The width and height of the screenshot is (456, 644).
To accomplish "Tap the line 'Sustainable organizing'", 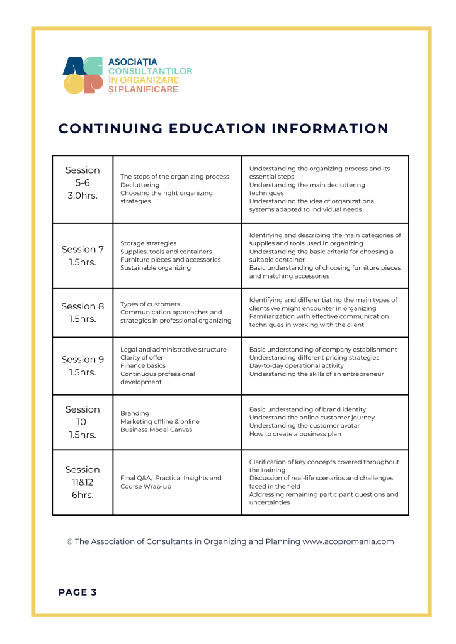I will click(156, 268).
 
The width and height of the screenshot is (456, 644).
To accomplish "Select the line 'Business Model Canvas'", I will click(156, 430).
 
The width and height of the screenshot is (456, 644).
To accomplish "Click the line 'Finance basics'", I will click(143, 365).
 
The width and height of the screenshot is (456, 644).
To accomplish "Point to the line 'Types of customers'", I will click(150, 304).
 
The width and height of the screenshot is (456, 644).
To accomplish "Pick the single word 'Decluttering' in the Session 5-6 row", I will click(140, 185).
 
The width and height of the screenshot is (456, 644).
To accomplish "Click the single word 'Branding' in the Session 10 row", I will click(135, 413).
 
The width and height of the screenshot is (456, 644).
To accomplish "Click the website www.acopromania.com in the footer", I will click(348, 541).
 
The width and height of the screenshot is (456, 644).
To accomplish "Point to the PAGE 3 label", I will click(77, 592).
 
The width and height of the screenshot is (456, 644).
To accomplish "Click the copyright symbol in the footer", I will click(70, 541).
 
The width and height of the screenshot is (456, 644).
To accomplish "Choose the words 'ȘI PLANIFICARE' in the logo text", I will click(143, 89).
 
